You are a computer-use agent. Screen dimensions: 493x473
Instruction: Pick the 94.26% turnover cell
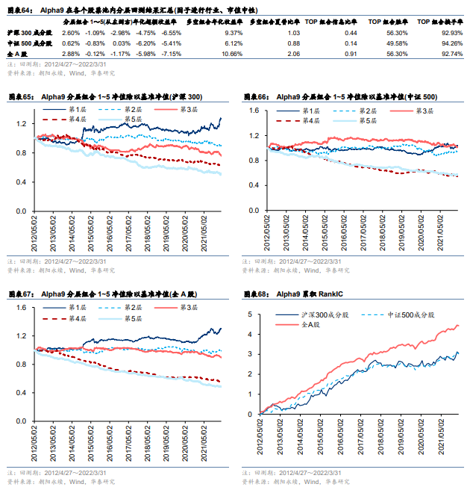pyautogui.click(x=453, y=44)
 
